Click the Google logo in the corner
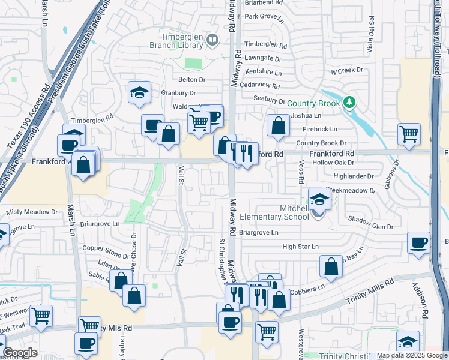(x=19, y=353)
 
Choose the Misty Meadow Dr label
(x=32, y=212)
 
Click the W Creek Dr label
(x=348, y=71)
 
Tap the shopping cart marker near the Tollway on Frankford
(x=409, y=134)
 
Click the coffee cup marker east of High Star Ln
(x=418, y=242)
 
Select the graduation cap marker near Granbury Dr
(x=139, y=92)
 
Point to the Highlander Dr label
(x=354, y=176)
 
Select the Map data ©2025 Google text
(x=411, y=356)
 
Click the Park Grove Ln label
(x=263, y=16)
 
